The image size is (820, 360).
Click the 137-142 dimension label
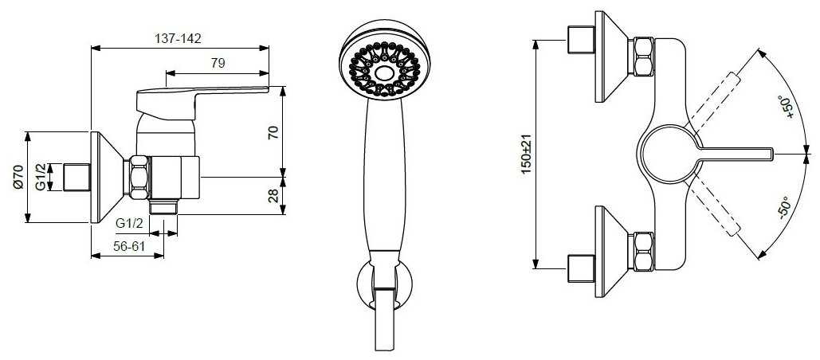point(179,39)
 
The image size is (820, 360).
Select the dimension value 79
point(218,63)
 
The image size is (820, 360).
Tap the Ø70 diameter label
point(18,177)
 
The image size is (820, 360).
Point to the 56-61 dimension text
point(129,246)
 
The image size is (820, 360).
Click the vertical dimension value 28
point(273,196)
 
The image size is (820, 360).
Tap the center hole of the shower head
point(384,72)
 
